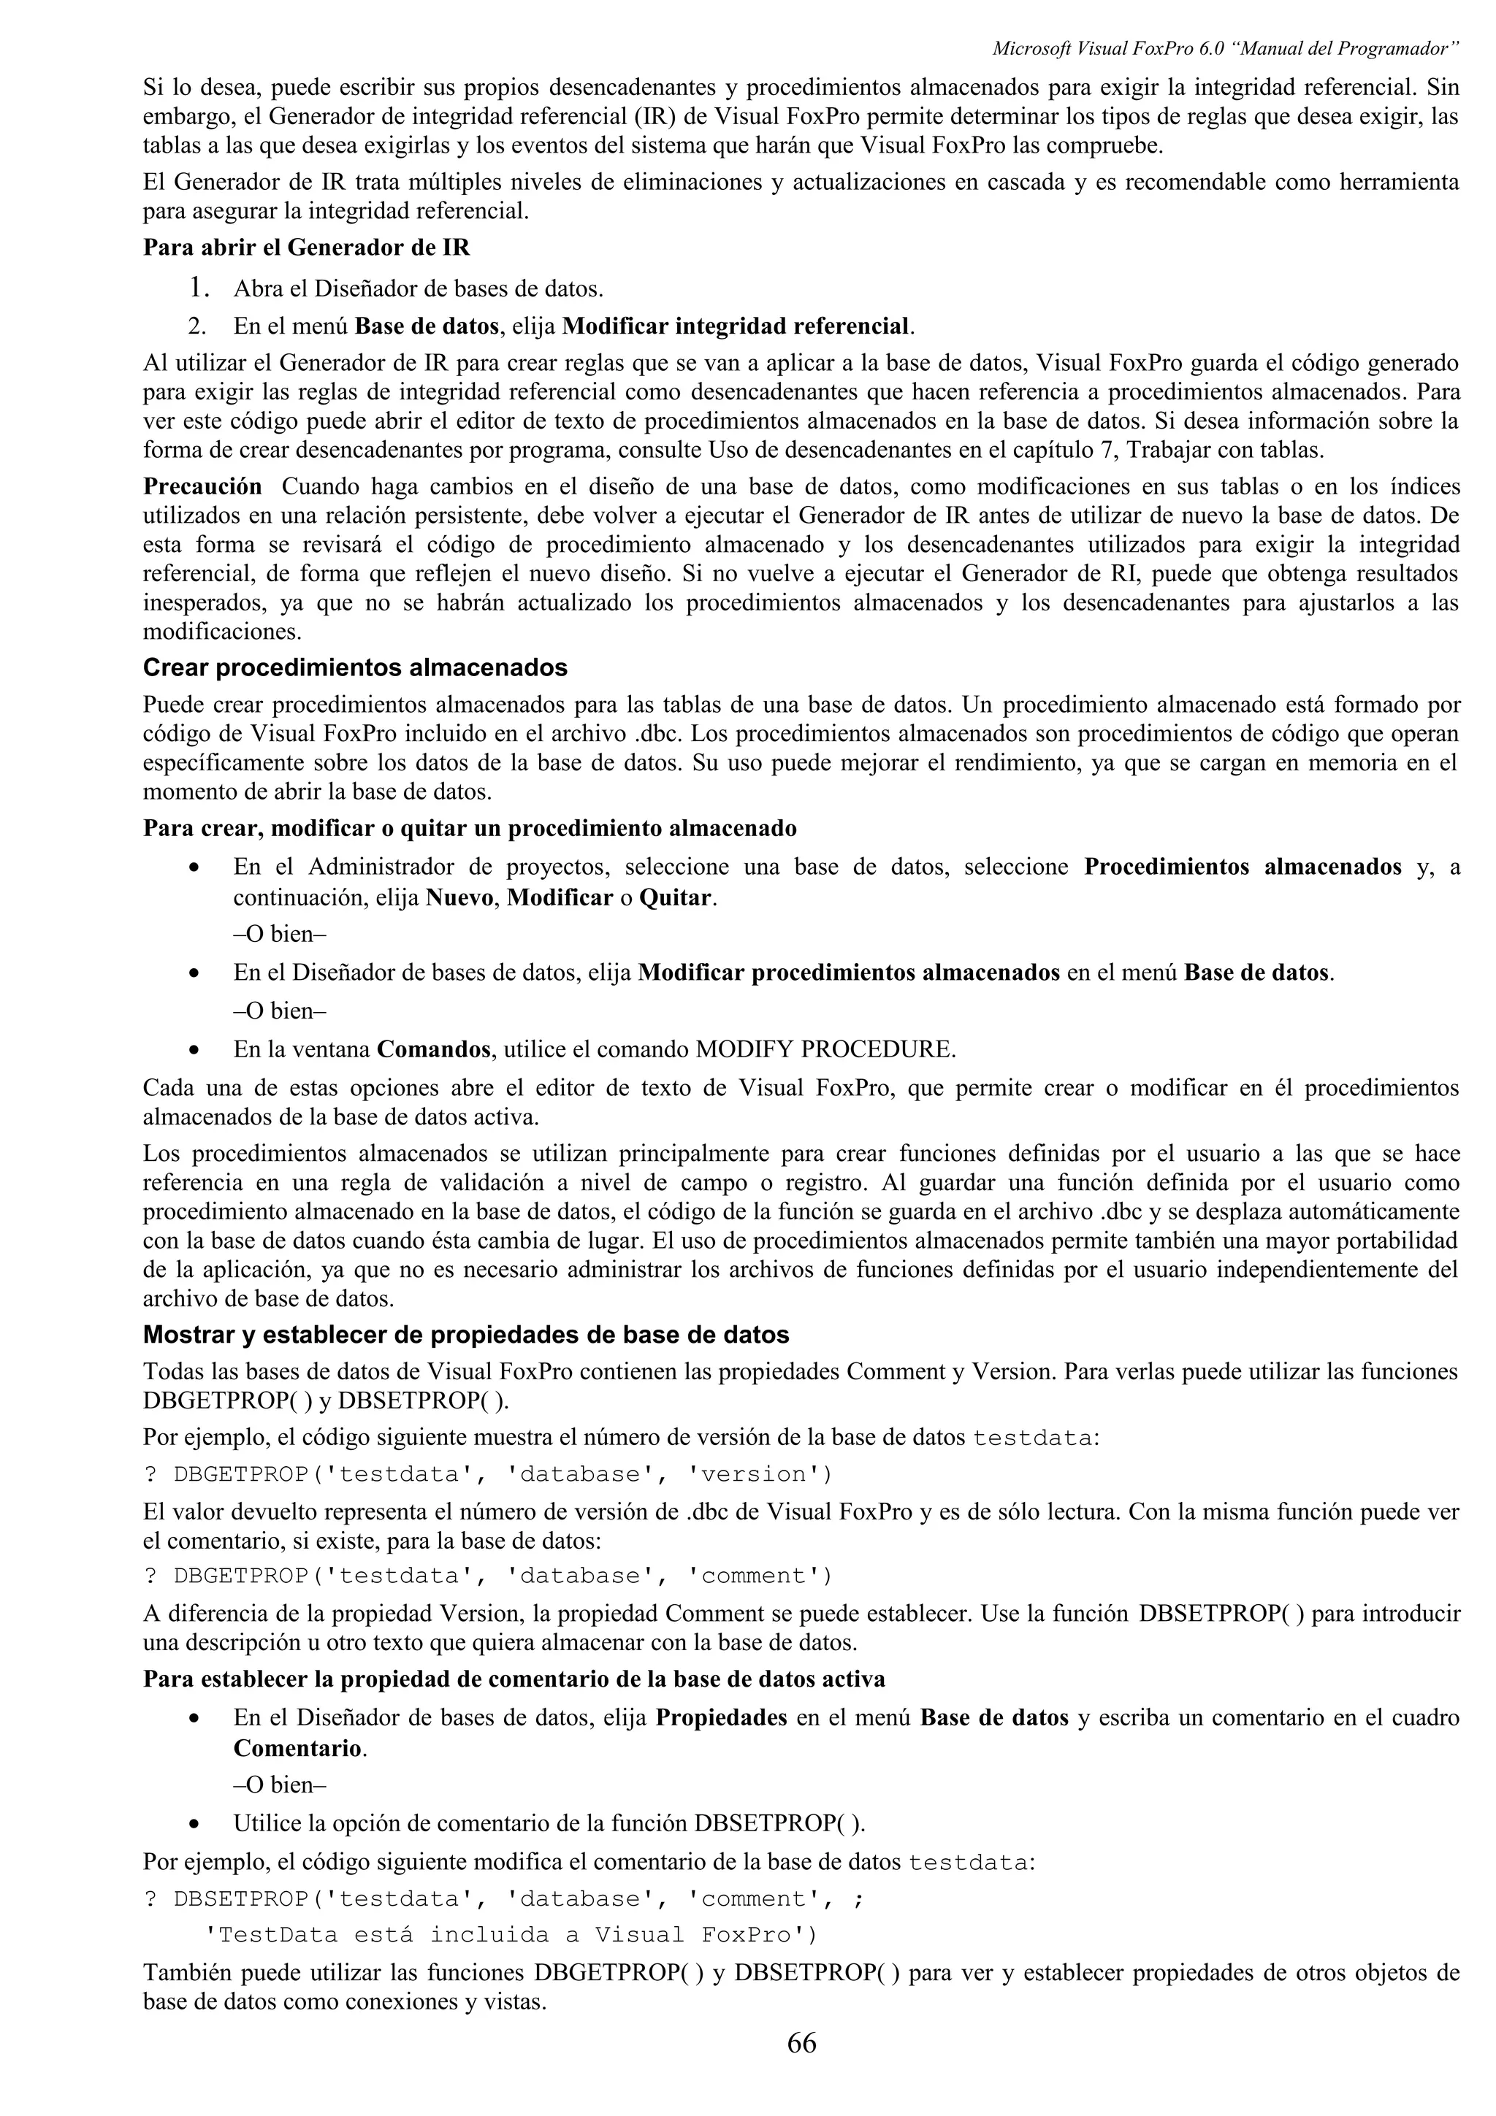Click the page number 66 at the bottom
[801, 2042]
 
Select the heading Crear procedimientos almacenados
[355, 667]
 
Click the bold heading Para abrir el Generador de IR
[306, 248]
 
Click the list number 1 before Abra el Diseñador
[197, 288]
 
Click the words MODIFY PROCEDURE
[825, 1049]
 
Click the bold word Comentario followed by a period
[296, 1747]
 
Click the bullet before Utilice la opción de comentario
[194, 1824]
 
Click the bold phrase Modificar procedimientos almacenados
[848, 973]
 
